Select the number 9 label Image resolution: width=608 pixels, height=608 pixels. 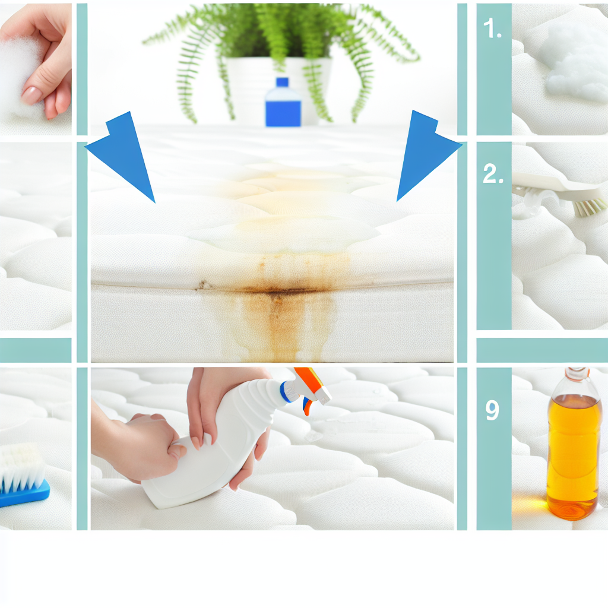(492, 410)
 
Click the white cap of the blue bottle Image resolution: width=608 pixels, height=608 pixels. (282, 83)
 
